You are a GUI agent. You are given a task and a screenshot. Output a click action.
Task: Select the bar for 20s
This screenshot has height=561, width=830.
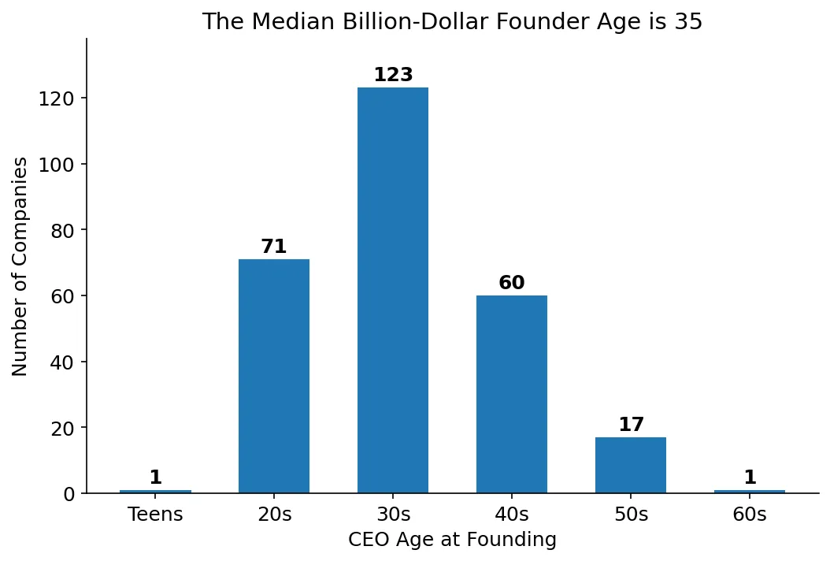point(274,376)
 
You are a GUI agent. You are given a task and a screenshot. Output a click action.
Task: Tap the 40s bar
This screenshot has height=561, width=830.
point(512,394)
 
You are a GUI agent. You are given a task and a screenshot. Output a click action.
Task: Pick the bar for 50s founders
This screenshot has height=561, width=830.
point(631,465)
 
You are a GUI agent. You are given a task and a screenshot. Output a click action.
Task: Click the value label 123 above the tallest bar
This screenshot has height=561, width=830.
point(393,75)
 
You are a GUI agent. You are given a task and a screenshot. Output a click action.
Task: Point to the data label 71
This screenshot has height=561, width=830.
point(274,247)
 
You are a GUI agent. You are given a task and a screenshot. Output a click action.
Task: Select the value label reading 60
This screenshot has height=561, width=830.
point(512,283)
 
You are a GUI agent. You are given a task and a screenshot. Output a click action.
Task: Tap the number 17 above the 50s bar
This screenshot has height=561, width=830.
point(631,425)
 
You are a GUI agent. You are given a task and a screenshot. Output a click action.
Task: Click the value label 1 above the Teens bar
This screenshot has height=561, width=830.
point(155,477)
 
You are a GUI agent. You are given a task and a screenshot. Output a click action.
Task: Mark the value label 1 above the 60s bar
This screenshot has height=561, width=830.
point(750,477)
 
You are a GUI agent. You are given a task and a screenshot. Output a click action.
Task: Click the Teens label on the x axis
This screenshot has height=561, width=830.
point(155,515)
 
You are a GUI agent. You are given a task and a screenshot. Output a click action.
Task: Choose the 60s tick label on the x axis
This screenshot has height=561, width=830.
point(750,515)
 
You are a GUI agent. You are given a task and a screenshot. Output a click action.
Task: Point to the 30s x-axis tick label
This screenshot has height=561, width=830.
point(393,515)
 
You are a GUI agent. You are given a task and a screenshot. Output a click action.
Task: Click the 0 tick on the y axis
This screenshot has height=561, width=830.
point(70,494)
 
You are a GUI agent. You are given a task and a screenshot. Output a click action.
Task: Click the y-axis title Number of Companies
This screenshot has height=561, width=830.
point(21,266)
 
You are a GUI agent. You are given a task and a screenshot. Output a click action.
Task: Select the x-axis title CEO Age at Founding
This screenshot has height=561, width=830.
point(452,540)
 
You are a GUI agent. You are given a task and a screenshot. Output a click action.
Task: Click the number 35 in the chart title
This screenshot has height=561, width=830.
point(687,21)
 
